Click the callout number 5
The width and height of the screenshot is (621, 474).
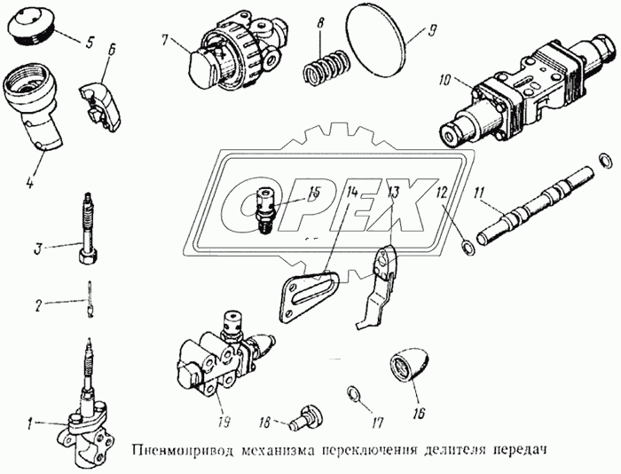pyautogui.click(x=90, y=42)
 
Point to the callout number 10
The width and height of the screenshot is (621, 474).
pyautogui.click(x=444, y=81)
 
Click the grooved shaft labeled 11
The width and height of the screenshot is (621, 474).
pyautogui.click(x=536, y=207)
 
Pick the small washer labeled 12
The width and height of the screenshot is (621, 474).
pyautogui.click(x=468, y=248)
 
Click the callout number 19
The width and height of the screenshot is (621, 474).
pyautogui.click(x=224, y=423)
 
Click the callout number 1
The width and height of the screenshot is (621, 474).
pyautogui.click(x=29, y=425)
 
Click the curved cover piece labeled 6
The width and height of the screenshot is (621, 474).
pyautogui.click(x=100, y=107)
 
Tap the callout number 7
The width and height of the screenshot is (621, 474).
pyautogui.click(x=165, y=40)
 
